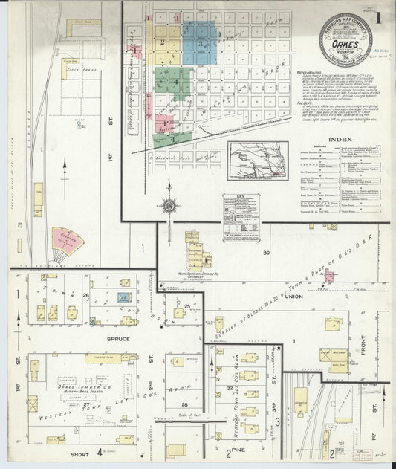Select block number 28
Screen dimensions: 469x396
pos(185,404)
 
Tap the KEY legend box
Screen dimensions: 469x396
pos(239,205)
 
